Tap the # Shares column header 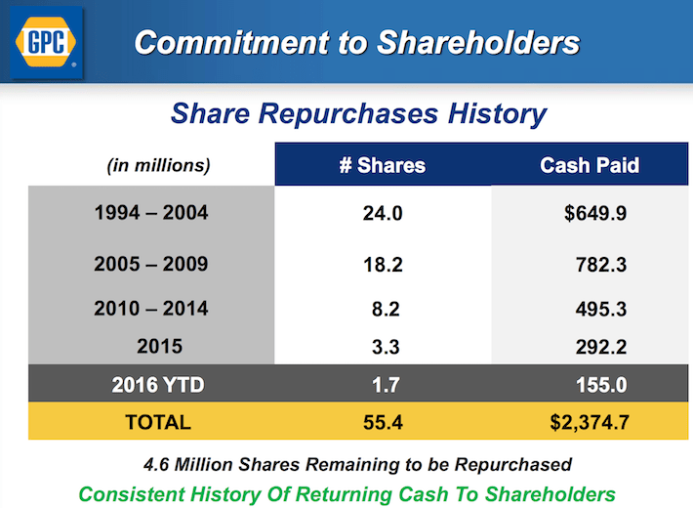[382, 165]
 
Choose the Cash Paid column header [590, 165]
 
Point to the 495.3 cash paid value [600, 310]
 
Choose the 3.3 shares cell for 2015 [387, 347]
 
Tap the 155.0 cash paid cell [600, 385]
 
